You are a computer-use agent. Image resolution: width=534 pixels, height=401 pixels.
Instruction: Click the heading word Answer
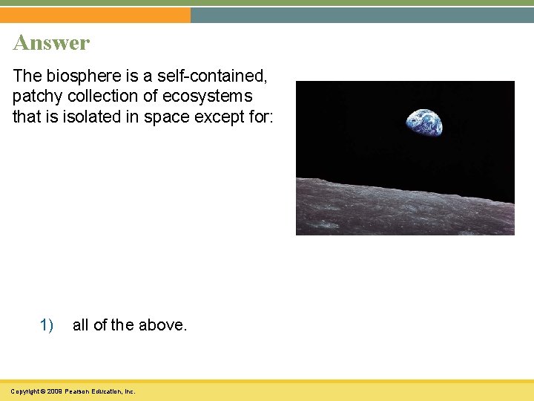51,42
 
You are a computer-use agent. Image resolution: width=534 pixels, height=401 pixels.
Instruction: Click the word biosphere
79,75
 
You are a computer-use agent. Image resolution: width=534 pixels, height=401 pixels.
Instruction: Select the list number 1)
47,325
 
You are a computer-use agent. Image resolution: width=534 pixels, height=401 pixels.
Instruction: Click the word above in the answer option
163,325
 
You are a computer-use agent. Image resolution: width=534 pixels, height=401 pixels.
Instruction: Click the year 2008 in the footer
53,391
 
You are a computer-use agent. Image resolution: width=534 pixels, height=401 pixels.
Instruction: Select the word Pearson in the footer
77,391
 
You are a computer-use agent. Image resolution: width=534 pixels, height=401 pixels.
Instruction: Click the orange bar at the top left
95,15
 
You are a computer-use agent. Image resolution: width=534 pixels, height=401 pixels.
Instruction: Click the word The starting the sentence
26,75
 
